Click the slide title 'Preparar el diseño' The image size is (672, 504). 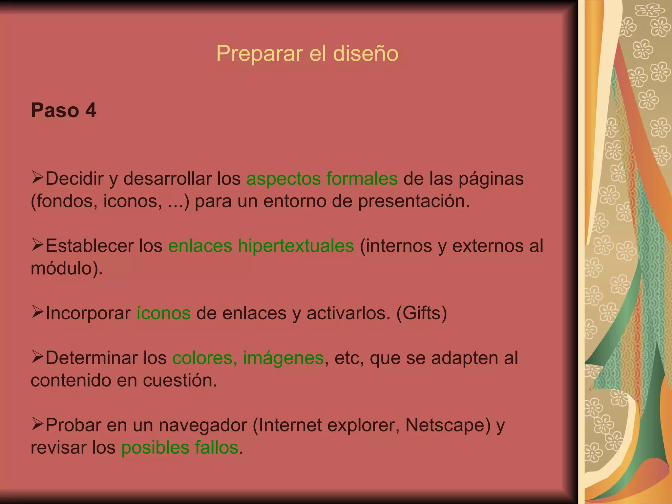[x=307, y=53]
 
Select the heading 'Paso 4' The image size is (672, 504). [x=63, y=110]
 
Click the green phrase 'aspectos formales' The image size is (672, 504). [x=322, y=179]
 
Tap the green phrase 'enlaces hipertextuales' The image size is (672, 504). [x=261, y=246]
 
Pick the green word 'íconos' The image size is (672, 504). [x=163, y=313]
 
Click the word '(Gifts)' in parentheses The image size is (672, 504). [x=422, y=313]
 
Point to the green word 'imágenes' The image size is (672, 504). [x=283, y=358]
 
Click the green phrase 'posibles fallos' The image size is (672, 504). [x=179, y=448]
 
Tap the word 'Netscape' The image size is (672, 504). [x=445, y=425]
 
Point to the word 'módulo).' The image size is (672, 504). [x=67, y=268]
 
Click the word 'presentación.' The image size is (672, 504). [x=414, y=201]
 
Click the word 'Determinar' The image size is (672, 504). [x=92, y=358]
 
